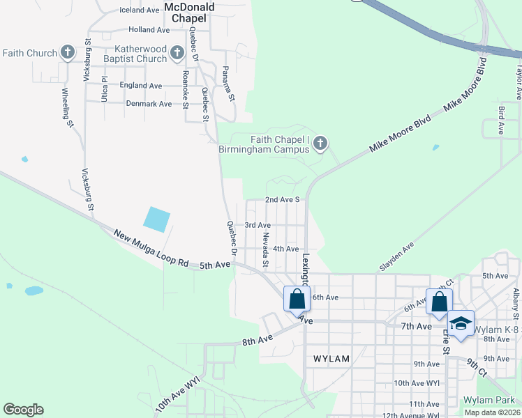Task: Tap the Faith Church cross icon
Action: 68,52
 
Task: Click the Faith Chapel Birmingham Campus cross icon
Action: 320,144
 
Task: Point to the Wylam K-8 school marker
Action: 461,323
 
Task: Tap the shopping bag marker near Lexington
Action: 297,299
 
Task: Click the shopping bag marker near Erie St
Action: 439,302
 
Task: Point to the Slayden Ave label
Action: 396,257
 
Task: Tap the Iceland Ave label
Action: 139,10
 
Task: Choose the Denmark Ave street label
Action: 149,104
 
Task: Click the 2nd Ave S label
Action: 282,199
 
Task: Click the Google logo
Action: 23,410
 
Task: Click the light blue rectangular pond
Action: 156,220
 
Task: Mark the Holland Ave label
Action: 149,30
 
